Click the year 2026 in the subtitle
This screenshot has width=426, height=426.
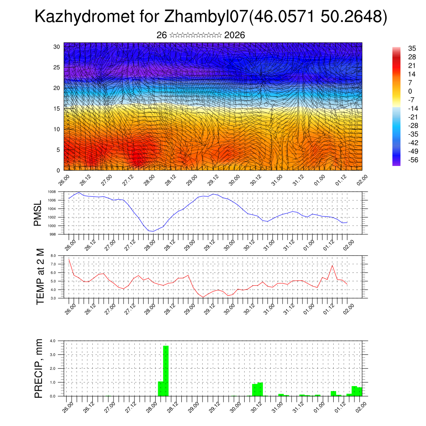click(235, 35)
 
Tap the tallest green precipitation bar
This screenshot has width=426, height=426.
click(166, 370)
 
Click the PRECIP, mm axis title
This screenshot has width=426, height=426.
click(39, 368)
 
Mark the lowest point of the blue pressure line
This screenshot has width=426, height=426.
click(153, 231)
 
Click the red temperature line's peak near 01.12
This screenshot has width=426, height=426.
click(332, 265)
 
